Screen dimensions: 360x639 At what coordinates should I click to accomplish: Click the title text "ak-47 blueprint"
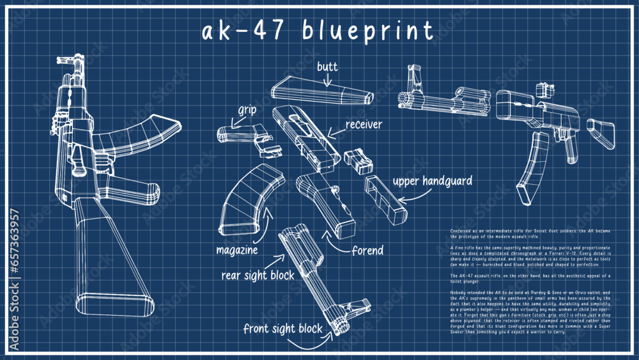pyautogui.click(x=318, y=30)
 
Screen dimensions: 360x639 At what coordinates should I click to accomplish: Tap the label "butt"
pyautogui.click(x=327, y=66)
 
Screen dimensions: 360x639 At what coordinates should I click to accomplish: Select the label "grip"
pyautogui.click(x=247, y=110)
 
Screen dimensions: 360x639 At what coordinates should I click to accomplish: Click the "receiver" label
pyautogui.click(x=364, y=124)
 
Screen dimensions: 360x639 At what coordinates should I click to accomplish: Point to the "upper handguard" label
pyautogui.click(x=432, y=182)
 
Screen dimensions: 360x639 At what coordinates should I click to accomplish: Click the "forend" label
pyautogui.click(x=367, y=250)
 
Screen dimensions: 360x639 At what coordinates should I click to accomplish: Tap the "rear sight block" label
pyautogui.click(x=258, y=276)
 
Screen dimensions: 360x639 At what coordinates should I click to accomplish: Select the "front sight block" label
pyautogui.click(x=283, y=329)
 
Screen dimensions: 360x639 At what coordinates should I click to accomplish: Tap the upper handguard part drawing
pyautogui.click(x=386, y=198)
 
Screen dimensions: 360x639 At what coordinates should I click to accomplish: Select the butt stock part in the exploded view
pyautogui.click(x=319, y=90)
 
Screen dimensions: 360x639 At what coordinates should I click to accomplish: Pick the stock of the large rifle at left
pyautogui.click(x=109, y=256)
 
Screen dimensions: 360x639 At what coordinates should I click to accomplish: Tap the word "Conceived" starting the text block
pyautogui.click(x=461, y=230)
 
